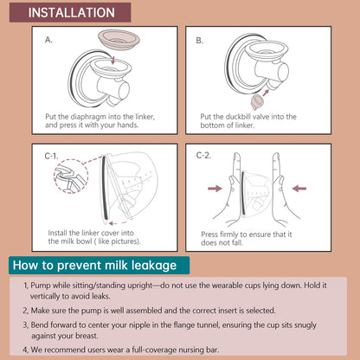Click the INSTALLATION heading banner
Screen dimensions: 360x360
(x=70, y=12)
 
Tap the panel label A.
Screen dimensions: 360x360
(x=48, y=40)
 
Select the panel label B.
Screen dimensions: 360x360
(x=199, y=41)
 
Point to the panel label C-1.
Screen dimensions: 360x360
(x=51, y=156)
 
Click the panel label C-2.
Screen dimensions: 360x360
(x=203, y=156)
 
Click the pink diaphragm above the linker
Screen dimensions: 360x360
(x=119, y=39)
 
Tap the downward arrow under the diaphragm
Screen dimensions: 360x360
(x=113, y=60)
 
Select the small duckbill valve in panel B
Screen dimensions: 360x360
(x=255, y=102)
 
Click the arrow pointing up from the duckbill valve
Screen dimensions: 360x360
(x=266, y=93)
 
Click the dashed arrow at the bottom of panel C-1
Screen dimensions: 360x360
(x=119, y=223)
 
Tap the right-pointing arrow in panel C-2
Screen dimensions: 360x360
(x=215, y=189)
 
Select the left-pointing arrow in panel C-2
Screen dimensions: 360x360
(x=299, y=189)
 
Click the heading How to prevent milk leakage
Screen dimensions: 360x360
(x=94, y=266)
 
